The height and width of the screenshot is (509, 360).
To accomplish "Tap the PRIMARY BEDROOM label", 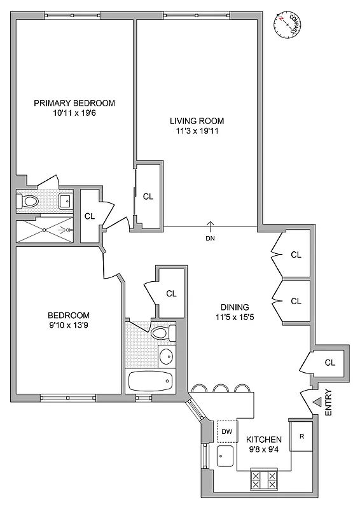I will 74,104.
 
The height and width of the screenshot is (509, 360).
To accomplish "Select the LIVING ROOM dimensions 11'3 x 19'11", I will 197,132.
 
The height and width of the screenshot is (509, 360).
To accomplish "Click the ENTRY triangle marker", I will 317,400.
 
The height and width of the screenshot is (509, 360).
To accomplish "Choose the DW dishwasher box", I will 226,432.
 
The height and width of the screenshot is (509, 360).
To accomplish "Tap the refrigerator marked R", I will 301,436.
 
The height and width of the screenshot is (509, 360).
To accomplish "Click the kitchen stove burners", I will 264,479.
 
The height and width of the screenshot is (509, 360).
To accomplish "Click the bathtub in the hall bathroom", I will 150,382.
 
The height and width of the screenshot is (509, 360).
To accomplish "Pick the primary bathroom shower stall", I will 45,230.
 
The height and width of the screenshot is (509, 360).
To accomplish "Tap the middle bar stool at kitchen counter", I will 221,388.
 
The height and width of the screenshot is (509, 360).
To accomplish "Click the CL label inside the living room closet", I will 148,197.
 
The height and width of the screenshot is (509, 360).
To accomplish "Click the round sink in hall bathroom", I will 165,355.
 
